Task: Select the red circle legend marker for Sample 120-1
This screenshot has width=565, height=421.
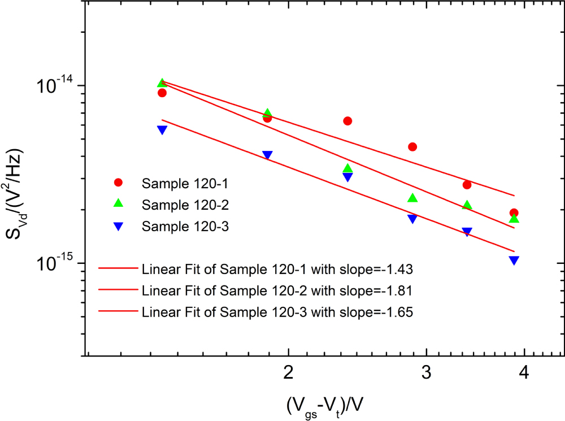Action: (118, 183)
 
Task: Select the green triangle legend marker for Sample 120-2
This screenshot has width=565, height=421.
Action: (118, 203)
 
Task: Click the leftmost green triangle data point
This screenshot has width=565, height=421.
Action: (162, 83)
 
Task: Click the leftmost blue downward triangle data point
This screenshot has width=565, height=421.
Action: (162, 129)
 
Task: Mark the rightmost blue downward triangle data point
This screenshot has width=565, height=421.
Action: (514, 260)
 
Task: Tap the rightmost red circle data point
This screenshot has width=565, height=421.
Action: (514, 213)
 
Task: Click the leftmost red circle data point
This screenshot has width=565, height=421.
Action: (162, 93)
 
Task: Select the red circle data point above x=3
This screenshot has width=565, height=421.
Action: (412, 147)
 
